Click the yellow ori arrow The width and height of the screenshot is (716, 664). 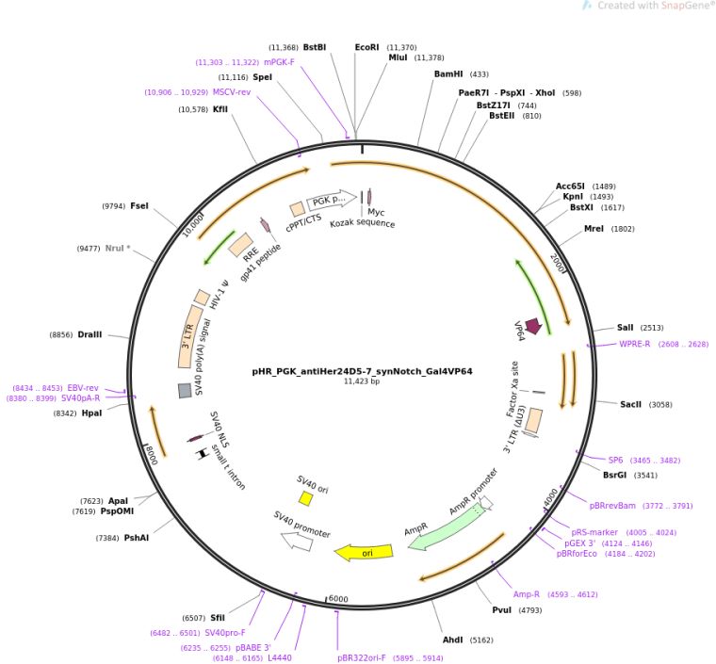click(364, 552)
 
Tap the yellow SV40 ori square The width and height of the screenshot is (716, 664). click(305, 498)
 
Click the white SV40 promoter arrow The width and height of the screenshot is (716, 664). click(298, 542)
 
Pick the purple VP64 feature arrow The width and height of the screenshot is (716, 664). click(533, 326)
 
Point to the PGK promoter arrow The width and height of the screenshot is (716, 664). click(332, 200)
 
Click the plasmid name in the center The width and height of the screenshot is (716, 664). click(362, 371)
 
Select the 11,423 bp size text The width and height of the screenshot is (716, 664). click(362, 381)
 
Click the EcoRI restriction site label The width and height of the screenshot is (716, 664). click(366, 47)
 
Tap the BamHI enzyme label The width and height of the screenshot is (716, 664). click(448, 73)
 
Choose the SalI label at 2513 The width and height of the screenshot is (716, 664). click(626, 328)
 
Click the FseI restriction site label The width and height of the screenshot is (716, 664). click(139, 206)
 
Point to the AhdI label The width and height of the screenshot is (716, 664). click(452, 640)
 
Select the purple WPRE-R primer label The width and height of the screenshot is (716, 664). click(635, 344)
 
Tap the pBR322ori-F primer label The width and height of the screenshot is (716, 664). click(362, 657)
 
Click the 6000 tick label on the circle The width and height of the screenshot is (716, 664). click(338, 599)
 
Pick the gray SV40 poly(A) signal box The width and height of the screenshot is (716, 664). click(185, 391)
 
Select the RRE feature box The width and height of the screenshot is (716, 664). click(240, 245)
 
